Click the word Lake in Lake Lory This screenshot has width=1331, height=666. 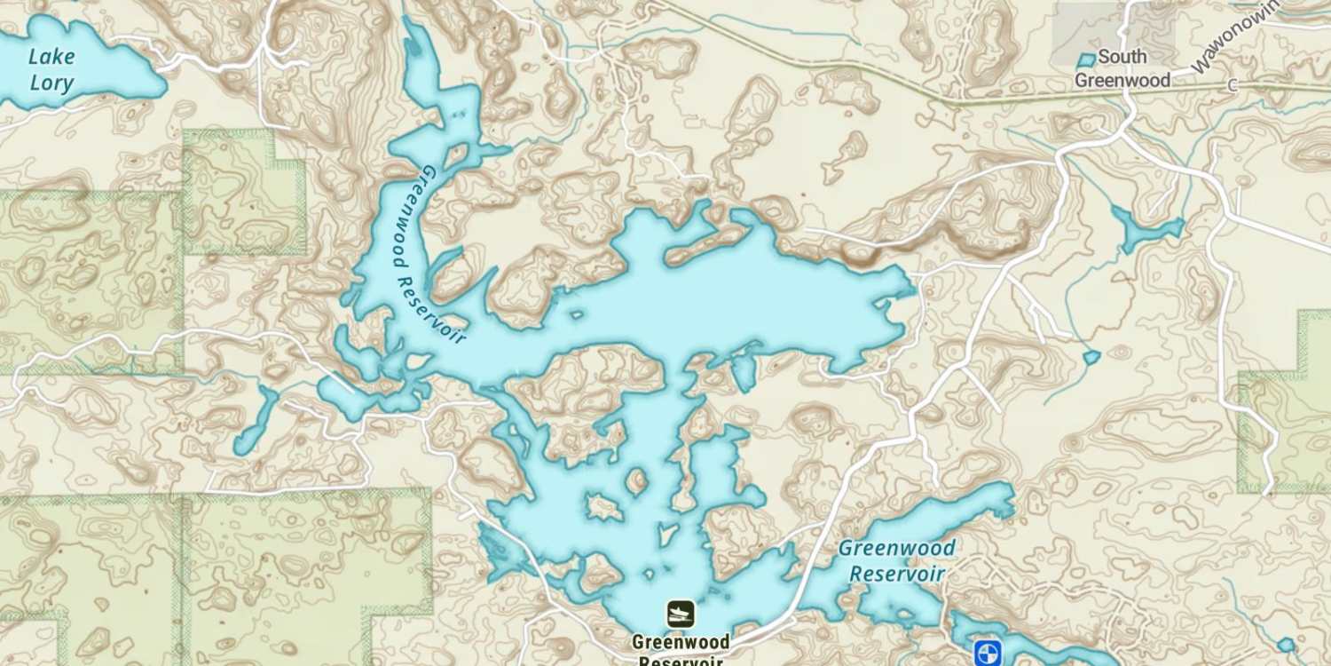pyautogui.click(x=51, y=57)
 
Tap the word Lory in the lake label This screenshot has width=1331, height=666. pyautogui.click(x=51, y=84)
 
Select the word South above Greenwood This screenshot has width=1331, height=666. pyautogui.click(x=1122, y=57)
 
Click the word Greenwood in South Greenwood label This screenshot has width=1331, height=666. pyautogui.click(x=1122, y=80)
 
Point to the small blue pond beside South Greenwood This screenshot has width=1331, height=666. pyautogui.click(x=1086, y=60)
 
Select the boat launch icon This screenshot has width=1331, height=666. pyautogui.click(x=681, y=614)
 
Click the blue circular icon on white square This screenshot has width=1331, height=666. pyautogui.click(x=987, y=653)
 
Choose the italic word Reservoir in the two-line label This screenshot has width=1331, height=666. pyautogui.click(x=896, y=574)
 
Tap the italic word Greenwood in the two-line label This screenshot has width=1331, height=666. pyautogui.click(x=896, y=548)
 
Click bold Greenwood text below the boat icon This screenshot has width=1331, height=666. pyautogui.click(x=681, y=641)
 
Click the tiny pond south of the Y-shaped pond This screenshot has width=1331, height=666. pyautogui.click(x=1091, y=357)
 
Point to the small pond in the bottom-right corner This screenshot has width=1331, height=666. pyautogui.click(x=1286, y=644)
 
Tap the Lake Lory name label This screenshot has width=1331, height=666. pyautogui.click(x=51, y=70)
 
